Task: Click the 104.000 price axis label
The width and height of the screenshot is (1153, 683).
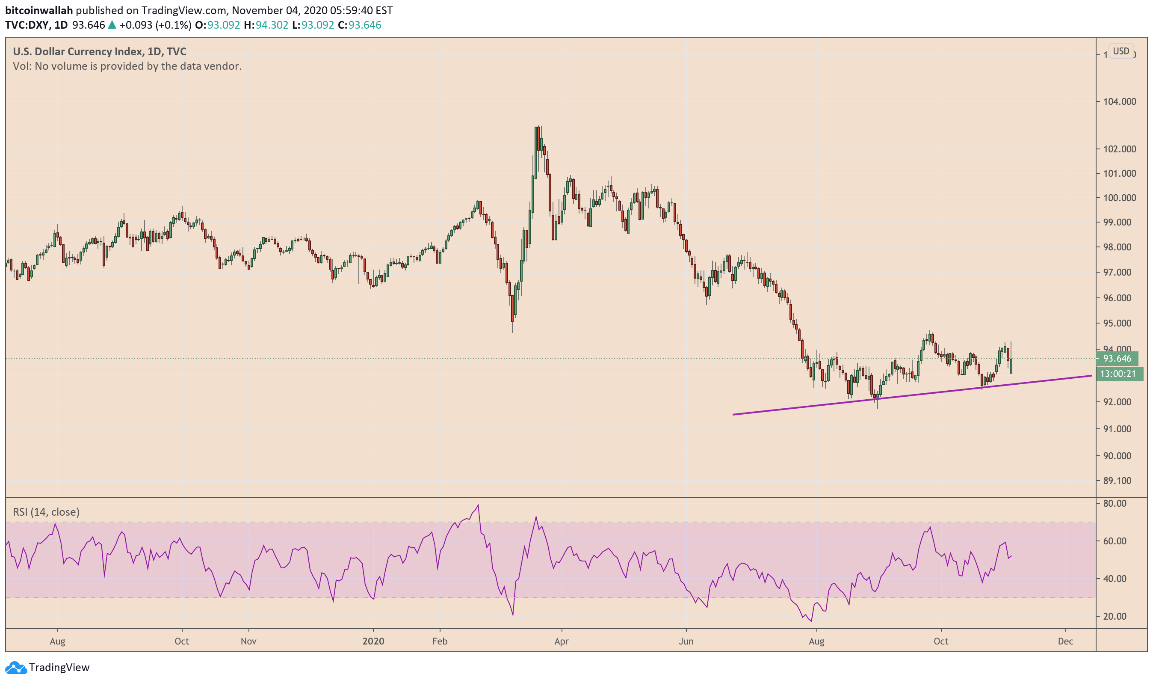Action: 1119,102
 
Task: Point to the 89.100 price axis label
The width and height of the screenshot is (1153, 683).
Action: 1117,481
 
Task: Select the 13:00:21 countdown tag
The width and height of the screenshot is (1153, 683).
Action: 1118,374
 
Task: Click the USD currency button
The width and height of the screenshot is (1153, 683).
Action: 1120,51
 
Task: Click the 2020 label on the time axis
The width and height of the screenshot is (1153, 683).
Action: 373,641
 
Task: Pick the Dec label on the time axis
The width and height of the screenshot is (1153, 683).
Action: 1065,641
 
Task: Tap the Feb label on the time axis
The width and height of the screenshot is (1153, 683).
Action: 440,641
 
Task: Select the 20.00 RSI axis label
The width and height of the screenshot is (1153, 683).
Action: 1115,616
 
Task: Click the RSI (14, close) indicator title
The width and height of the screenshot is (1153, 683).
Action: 46,512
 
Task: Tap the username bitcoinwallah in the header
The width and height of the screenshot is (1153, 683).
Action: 38,10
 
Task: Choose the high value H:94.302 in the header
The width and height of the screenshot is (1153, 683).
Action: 266,25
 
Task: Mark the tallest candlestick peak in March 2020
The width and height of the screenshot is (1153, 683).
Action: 537,128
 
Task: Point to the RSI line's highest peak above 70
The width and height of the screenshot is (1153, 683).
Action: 478,505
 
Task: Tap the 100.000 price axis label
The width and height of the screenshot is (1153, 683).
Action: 1119,198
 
